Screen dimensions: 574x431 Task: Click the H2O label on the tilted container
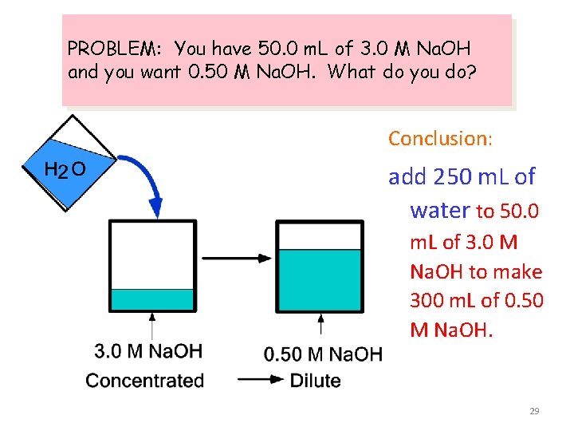[x=65, y=169]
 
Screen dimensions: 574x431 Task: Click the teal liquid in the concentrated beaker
[x=151, y=299]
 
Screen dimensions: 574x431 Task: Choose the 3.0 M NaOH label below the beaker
[x=148, y=350]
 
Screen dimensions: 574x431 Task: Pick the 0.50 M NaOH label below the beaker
[x=322, y=354]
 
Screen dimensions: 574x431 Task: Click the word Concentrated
[x=144, y=381]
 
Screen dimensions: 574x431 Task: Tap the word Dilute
[x=316, y=381]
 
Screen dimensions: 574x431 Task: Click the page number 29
[x=534, y=411]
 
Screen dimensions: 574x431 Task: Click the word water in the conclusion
[x=439, y=210]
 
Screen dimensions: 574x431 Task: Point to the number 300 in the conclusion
[x=426, y=300]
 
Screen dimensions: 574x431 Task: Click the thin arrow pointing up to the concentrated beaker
[x=151, y=326]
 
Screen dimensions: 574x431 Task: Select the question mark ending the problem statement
[x=472, y=73]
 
